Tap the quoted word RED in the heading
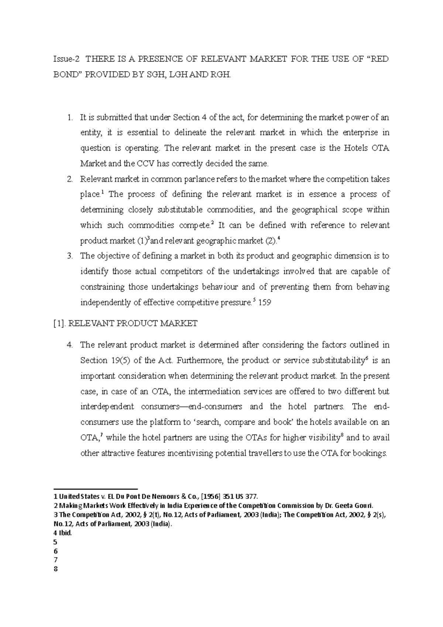pos(378,59)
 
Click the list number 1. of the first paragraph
pos(71,118)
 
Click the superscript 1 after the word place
pos(102,192)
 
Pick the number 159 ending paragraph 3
pos(265,303)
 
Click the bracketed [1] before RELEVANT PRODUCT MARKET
pos(59,324)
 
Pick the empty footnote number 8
pos(55,569)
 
